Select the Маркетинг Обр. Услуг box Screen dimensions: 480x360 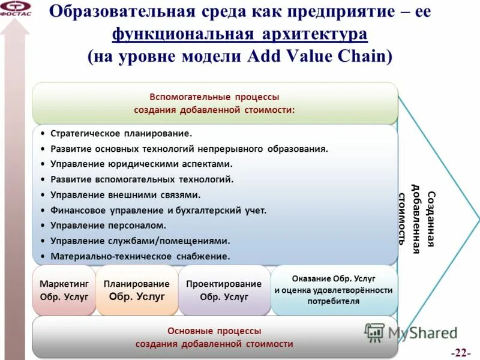pos(64,290)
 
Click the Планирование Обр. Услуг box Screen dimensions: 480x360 pos(136,290)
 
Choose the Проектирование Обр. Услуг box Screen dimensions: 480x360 pos(224,290)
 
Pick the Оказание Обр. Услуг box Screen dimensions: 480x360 pos(334,290)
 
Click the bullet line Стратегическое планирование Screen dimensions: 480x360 pos(121,133)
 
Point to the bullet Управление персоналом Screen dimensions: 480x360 pos(108,226)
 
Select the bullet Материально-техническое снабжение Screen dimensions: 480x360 pos(140,257)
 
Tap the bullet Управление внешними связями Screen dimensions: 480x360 pos(125,194)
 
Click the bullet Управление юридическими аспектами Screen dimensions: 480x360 pos(141,163)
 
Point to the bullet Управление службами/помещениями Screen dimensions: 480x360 pos(140,241)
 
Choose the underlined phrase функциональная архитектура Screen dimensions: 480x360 pos(239,34)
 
